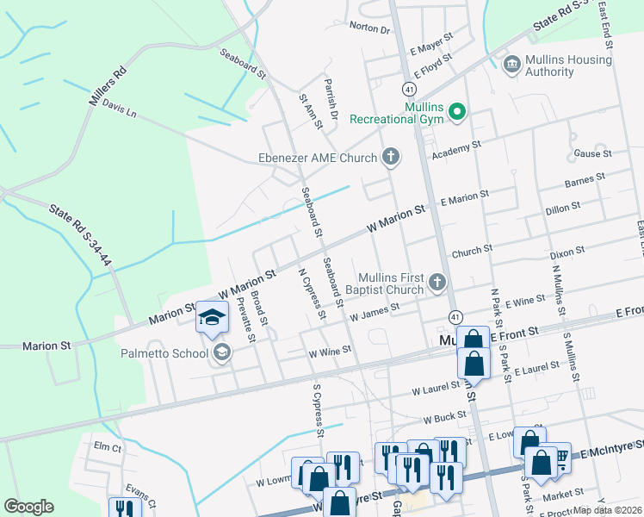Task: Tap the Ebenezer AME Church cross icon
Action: (391, 157)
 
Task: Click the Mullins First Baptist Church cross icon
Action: (437, 282)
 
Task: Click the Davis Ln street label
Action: (119, 107)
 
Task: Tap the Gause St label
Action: (591, 153)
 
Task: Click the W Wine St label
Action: (330, 351)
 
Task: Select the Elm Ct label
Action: (108, 447)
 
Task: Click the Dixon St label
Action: (567, 253)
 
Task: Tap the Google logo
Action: (29, 507)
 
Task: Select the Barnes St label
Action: (585, 181)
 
